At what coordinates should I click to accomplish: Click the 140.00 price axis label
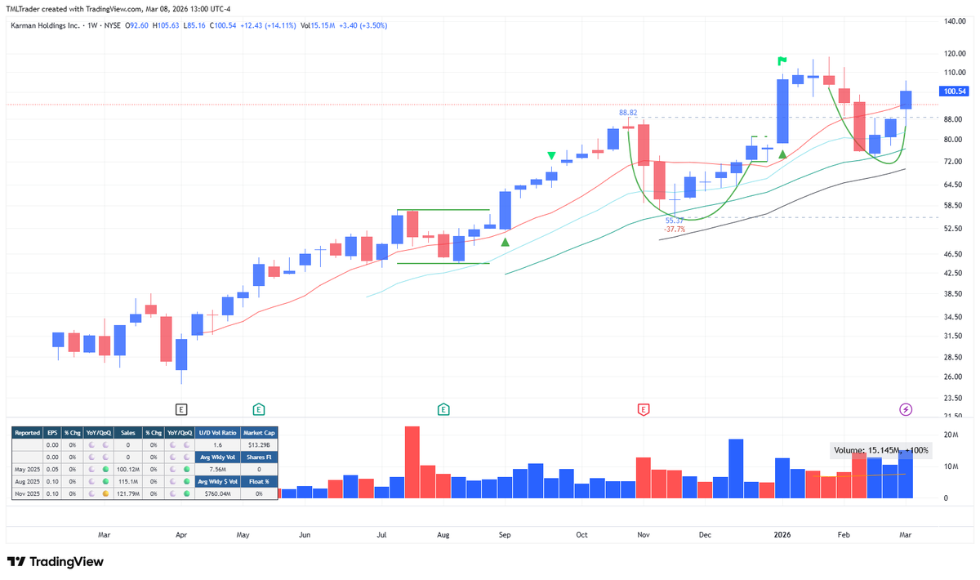click(x=955, y=21)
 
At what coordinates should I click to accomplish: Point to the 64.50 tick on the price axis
click(x=955, y=186)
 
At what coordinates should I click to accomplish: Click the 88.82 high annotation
click(x=628, y=113)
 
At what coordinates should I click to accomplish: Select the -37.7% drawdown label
click(x=674, y=230)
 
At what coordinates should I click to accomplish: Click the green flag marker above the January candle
click(x=782, y=60)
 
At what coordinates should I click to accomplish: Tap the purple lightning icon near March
click(x=905, y=408)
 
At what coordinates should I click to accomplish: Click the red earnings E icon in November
click(x=644, y=408)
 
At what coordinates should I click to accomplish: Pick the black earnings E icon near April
click(x=181, y=408)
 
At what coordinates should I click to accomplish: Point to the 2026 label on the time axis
click(x=782, y=535)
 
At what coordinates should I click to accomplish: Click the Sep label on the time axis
click(x=505, y=535)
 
